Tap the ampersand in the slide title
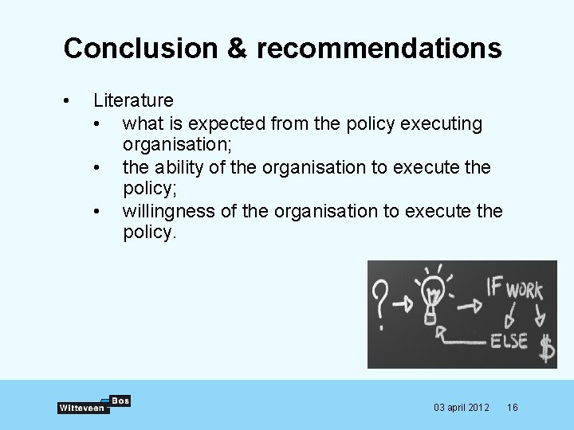pyautogui.click(x=238, y=49)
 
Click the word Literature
pyautogui.click(x=133, y=100)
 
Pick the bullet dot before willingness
pyautogui.click(x=96, y=212)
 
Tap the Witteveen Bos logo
pyautogui.click(x=93, y=405)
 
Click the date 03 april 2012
pyautogui.click(x=462, y=408)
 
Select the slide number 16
pyautogui.click(x=513, y=408)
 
